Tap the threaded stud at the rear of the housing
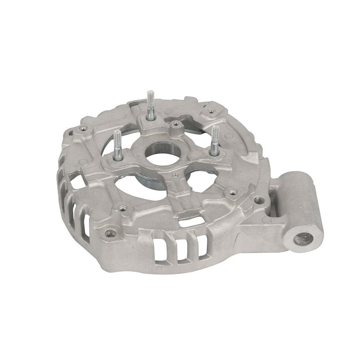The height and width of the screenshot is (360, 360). (x=150, y=104)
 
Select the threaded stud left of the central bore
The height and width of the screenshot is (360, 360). (x=117, y=144)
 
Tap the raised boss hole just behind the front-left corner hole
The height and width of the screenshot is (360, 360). (x=123, y=208)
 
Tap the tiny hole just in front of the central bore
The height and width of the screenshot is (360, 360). (x=175, y=176)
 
